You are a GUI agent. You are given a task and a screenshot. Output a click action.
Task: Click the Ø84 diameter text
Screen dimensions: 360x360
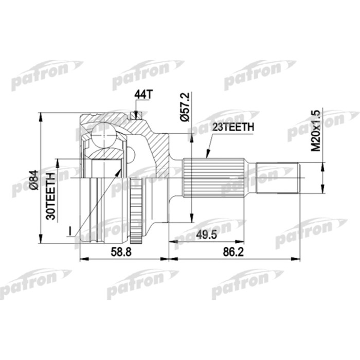33,180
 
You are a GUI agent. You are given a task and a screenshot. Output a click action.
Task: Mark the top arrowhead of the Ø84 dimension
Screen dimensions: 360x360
41,115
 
